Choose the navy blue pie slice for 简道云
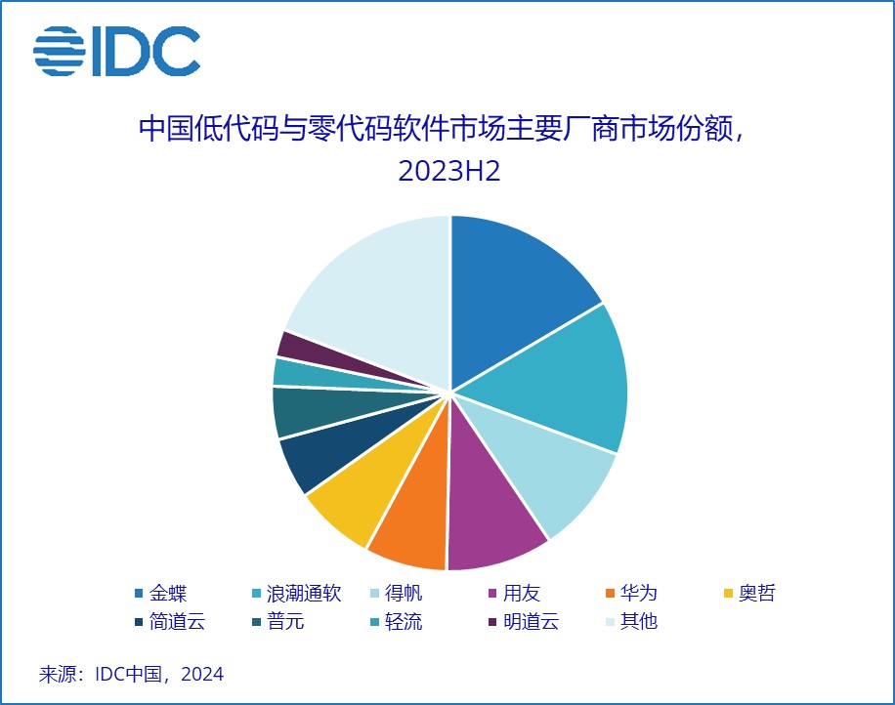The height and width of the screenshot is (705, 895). point(320,456)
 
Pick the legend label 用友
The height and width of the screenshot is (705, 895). point(521,594)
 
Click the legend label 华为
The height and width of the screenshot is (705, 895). point(639,594)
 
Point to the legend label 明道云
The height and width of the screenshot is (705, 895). point(531,621)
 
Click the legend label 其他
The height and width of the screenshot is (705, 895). point(639,621)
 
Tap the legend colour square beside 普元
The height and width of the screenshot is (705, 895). point(256,622)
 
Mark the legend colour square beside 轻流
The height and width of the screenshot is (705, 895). point(374,622)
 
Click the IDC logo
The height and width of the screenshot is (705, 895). point(117,51)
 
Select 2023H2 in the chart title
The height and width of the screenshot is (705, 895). point(449,171)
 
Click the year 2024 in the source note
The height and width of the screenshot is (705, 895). point(202,674)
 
